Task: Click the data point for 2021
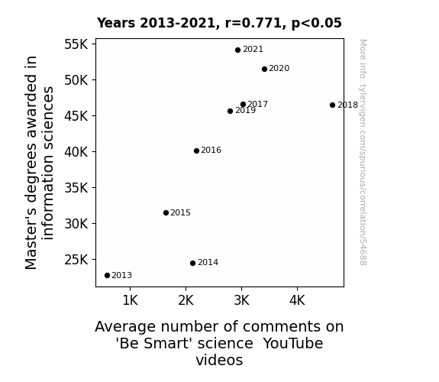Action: tap(237, 50)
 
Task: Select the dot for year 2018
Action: tap(332, 105)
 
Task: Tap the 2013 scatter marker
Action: tap(107, 276)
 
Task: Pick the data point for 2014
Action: tap(192, 263)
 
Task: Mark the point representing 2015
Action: tap(166, 213)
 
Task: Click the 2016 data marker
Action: tap(196, 151)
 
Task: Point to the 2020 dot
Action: tap(265, 70)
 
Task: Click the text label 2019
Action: tap(246, 111)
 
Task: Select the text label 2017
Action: tap(257, 104)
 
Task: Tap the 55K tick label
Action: tap(76, 44)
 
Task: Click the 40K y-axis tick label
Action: tap(76, 152)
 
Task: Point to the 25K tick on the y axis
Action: tap(76, 260)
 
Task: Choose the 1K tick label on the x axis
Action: tap(131, 300)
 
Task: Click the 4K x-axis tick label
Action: tap(297, 300)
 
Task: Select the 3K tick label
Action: tap(241, 300)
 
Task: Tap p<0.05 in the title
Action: tap(316, 24)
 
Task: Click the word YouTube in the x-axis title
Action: tap(293, 344)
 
